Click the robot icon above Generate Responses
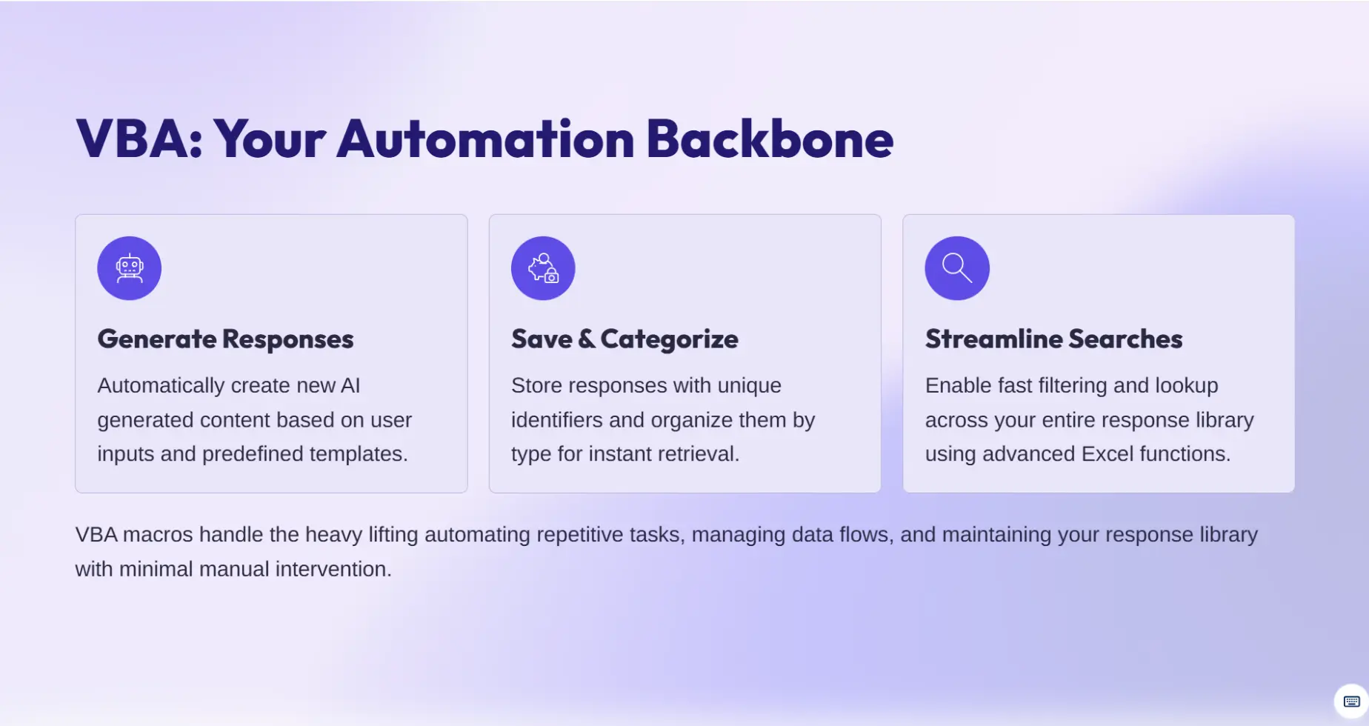pyautogui.click(x=130, y=268)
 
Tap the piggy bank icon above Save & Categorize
pyautogui.click(x=543, y=268)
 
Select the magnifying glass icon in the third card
pyautogui.click(x=957, y=268)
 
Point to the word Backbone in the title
pyautogui.click(x=770, y=139)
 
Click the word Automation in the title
pyautogui.click(x=486, y=139)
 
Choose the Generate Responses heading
pyautogui.click(x=225, y=339)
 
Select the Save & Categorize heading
pyautogui.click(x=624, y=339)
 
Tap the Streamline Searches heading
pyautogui.click(x=1053, y=339)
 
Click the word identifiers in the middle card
pyautogui.click(x=557, y=420)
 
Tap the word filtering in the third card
pyautogui.click(x=1073, y=385)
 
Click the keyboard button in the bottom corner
pyautogui.click(x=1351, y=702)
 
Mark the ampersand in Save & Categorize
pyautogui.click(x=587, y=339)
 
